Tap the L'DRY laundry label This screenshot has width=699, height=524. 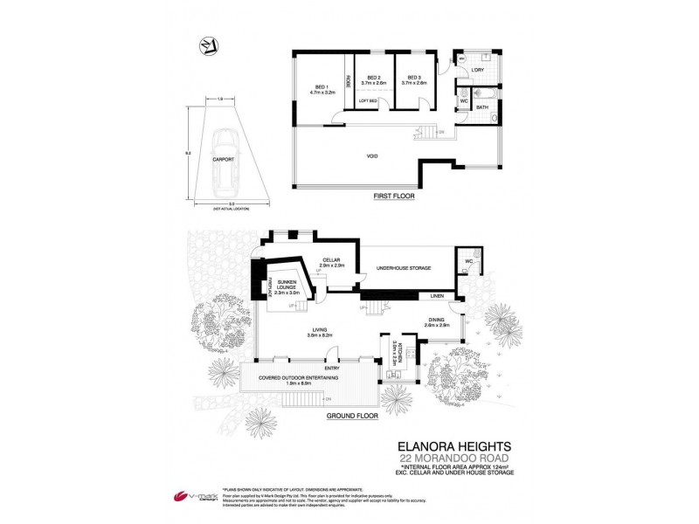tap(478, 69)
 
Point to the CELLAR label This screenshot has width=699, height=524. tap(329, 259)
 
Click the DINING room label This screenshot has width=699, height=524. tap(437, 321)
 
